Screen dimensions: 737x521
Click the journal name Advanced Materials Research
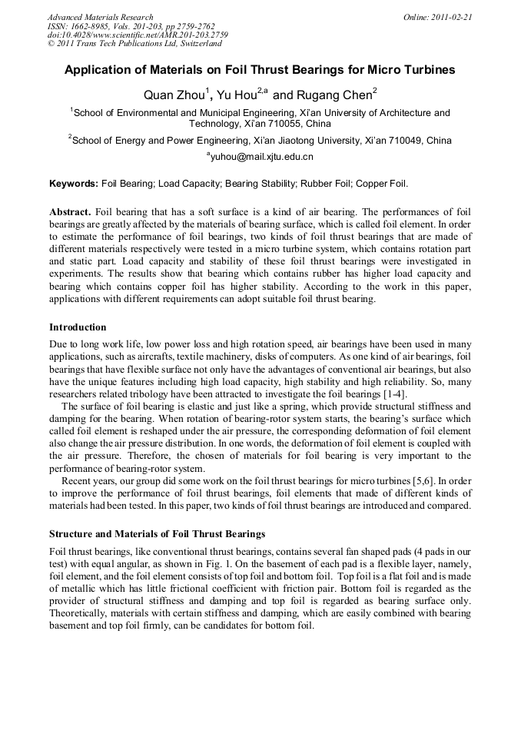coord(100,17)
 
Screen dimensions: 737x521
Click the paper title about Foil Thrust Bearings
coord(260,70)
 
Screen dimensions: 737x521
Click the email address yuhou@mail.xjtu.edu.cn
coord(261,157)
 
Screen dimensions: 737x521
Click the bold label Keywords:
coord(74,184)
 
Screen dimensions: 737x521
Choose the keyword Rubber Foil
coord(326,184)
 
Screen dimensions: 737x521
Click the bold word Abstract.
coord(70,211)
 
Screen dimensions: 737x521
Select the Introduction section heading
coord(78,327)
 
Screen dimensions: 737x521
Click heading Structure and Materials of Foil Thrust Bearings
coord(157,533)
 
